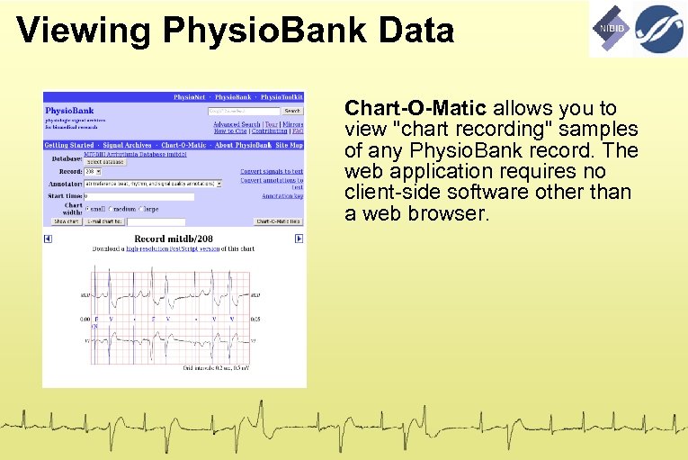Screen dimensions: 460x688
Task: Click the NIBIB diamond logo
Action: click(611, 28)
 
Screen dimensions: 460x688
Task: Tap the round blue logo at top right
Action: click(660, 28)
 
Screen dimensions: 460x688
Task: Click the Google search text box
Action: click(243, 112)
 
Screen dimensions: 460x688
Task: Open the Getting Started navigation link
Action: click(69, 145)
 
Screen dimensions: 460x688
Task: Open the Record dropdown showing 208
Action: click(93, 171)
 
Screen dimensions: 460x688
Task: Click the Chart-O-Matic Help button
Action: click(279, 221)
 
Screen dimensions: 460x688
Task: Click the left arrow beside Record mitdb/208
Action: click(48, 239)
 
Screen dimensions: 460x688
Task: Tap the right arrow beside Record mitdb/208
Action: click(299, 239)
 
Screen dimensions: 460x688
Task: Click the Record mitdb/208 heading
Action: click(173, 239)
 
